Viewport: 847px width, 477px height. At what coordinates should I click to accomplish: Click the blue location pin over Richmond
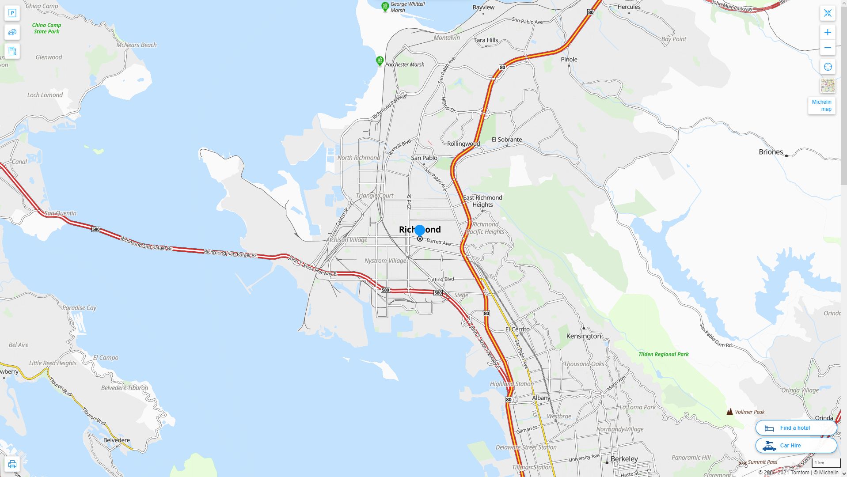coord(420,230)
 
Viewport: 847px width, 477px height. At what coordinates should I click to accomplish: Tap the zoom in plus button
coord(828,32)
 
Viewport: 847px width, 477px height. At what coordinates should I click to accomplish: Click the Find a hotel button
coord(796,428)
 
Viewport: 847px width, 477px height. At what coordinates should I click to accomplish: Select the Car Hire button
coord(796,446)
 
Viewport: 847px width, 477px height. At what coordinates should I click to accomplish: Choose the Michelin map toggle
coord(821,106)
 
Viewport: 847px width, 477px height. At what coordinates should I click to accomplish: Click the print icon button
coord(12,464)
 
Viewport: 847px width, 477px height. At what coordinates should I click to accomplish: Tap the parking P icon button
coord(12,13)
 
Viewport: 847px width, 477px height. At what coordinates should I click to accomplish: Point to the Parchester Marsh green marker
coord(380,61)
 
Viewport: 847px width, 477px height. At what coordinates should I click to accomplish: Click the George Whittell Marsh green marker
coord(385,7)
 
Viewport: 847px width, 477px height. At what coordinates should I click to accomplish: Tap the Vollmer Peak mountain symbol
coord(729,412)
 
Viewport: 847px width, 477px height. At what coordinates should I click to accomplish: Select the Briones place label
coord(771,152)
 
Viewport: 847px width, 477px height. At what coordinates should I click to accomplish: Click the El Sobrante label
coord(507,140)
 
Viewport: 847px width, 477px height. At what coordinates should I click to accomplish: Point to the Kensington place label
coord(583,336)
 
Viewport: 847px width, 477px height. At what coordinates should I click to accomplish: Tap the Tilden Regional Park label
coord(663,354)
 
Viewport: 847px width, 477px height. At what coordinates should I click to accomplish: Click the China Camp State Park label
coord(46,28)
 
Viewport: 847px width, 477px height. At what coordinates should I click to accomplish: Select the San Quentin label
coord(61,213)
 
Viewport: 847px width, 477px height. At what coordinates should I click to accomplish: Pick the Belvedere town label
coord(117,440)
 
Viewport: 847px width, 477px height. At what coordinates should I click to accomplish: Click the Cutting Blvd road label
coord(441,280)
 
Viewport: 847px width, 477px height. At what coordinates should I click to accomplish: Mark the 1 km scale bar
coord(826,463)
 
